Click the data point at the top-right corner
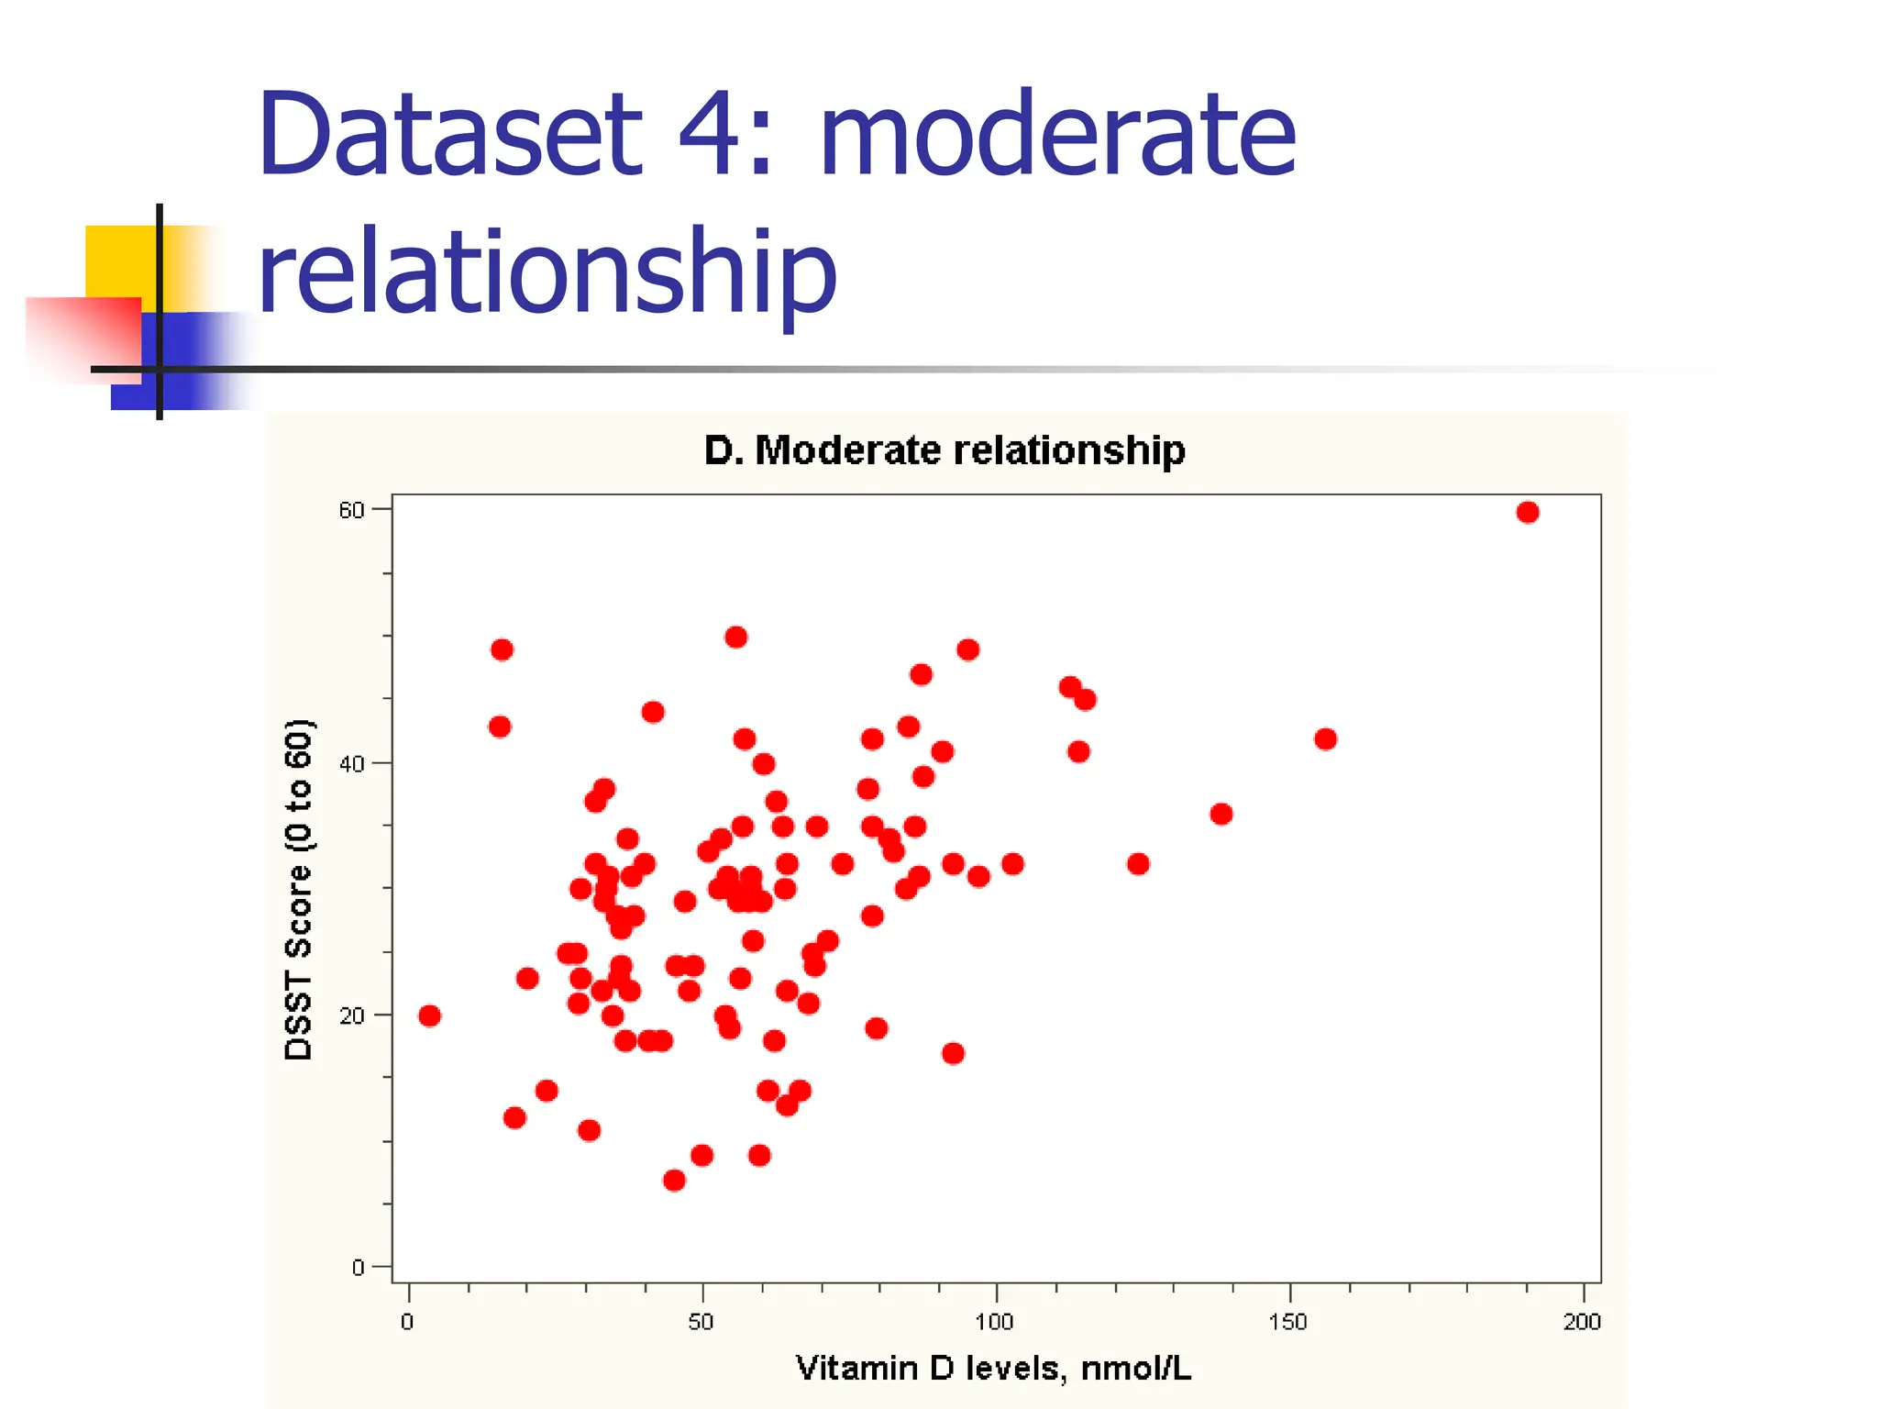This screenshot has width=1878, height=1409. pyautogui.click(x=1527, y=512)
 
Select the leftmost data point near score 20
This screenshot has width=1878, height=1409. pyautogui.click(x=429, y=1015)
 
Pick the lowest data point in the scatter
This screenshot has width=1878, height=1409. pyautogui.click(x=674, y=1180)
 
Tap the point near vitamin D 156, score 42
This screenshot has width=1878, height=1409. pyautogui.click(x=1325, y=738)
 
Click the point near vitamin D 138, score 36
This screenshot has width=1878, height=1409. pyautogui.click(x=1221, y=814)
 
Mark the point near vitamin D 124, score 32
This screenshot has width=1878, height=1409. pyautogui.click(x=1137, y=863)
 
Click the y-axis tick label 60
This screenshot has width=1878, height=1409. pyautogui.click(x=351, y=510)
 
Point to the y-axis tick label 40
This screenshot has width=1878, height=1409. pyautogui.click(x=351, y=764)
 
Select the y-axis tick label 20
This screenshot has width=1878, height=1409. pyautogui.click(x=351, y=1016)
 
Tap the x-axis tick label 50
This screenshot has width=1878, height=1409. pyautogui.click(x=701, y=1322)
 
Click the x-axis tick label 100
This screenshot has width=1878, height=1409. pyautogui.click(x=994, y=1322)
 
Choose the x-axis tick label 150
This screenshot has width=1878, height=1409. pyautogui.click(x=1287, y=1322)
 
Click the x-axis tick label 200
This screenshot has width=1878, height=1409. pyautogui.click(x=1582, y=1322)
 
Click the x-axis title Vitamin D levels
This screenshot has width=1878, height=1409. pyautogui.click(x=993, y=1369)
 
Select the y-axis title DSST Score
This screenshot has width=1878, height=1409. pyautogui.click(x=299, y=890)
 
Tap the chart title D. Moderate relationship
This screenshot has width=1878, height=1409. pyautogui.click(x=945, y=450)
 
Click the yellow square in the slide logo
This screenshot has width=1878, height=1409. pyautogui.click(x=119, y=261)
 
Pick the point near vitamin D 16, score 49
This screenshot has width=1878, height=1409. pyautogui.click(x=502, y=649)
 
